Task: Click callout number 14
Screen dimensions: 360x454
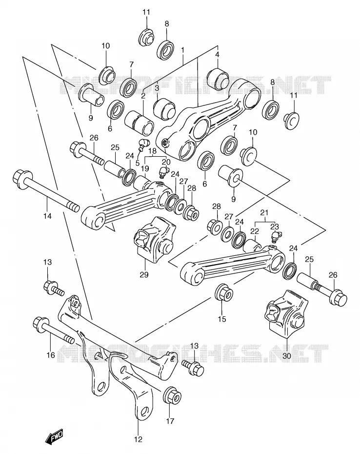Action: pos(47,216)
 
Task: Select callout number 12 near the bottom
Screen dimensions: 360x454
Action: pos(139,439)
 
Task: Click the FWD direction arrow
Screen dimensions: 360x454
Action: pos(54,435)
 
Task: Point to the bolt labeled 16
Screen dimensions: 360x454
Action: pos(54,331)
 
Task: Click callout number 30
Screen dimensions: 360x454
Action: pos(286,355)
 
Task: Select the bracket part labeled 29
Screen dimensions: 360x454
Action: pos(155,240)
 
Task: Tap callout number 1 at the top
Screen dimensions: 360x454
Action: pos(182,50)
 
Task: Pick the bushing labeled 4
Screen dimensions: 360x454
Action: pos(221,78)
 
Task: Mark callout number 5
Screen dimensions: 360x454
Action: pos(137,163)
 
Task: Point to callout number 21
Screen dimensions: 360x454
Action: pos(264,213)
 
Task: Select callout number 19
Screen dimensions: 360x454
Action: pos(145,168)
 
